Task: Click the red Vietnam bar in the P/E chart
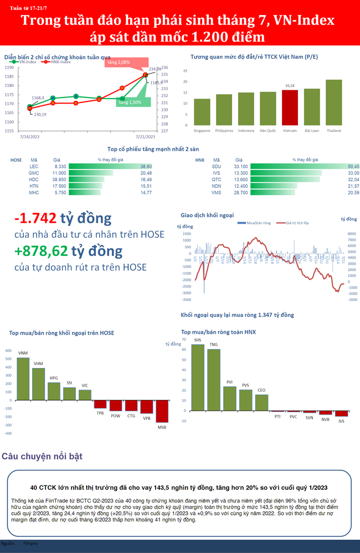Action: click(290, 107)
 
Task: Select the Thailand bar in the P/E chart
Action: click(333, 103)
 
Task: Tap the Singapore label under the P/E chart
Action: click(202, 131)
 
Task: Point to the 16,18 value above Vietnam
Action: click(290, 86)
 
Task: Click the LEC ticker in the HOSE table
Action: click(34, 166)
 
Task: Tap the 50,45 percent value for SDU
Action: click(353, 166)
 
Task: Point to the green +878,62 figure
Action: click(42, 251)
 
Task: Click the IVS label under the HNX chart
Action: click(342, 422)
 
